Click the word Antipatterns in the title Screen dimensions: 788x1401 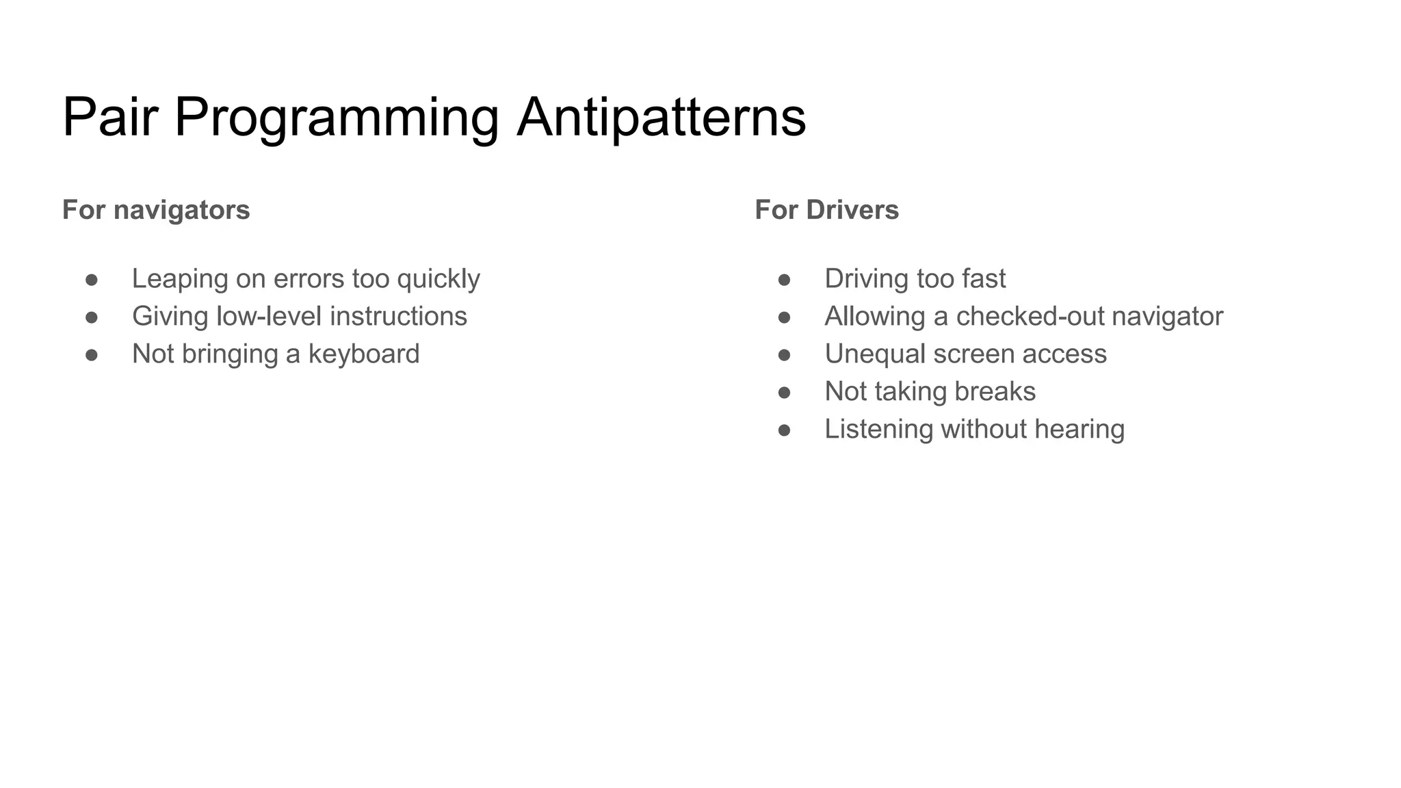coord(661,118)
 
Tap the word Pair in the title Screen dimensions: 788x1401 coord(110,118)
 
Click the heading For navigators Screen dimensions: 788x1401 coord(156,209)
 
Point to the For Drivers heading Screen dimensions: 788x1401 coord(826,209)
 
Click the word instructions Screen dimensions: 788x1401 coord(398,316)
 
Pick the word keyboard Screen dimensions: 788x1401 coord(363,354)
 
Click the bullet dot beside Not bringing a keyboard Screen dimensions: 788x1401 coord(92,354)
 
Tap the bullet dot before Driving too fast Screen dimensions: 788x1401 coord(784,279)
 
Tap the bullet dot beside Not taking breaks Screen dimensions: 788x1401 coord(784,392)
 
